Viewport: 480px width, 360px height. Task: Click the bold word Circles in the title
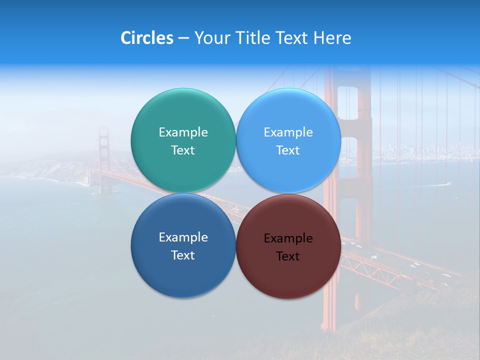pos(147,38)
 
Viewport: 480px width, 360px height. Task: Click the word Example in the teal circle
pos(183,132)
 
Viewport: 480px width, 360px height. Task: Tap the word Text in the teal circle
pos(183,150)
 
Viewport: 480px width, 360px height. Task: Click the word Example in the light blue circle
pos(288,132)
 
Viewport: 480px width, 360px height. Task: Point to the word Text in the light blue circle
pos(288,150)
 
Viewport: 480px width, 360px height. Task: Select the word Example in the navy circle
pos(183,237)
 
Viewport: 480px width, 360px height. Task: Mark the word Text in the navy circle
pos(183,255)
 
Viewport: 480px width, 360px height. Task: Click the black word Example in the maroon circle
pos(288,238)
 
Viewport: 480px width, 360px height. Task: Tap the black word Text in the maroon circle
pos(288,256)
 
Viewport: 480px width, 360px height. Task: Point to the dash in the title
pos(183,38)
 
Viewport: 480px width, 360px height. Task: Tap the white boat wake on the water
pos(440,184)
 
